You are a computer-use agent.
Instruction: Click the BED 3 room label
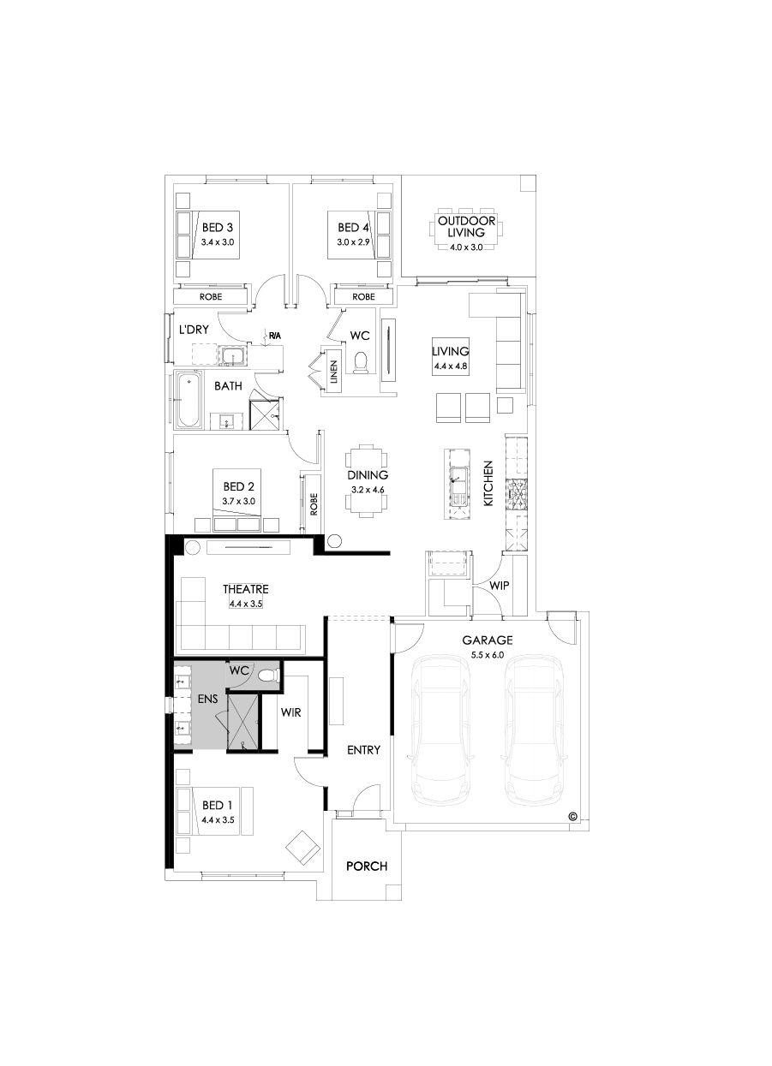[x=218, y=228]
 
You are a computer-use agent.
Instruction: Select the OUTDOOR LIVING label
[x=461, y=226]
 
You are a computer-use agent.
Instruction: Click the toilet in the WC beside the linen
[x=361, y=363]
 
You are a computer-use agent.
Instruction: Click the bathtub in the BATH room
[x=187, y=400]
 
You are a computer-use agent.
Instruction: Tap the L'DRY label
[x=194, y=329]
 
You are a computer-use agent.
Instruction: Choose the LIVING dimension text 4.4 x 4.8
[x=450, y=366]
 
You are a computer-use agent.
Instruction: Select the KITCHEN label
[x=488, y=484]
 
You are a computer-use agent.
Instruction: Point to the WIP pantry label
[x=500, y=586]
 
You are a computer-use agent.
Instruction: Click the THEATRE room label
[x=246, y=589]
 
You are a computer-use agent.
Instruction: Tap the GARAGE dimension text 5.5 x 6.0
[x=487, y=655]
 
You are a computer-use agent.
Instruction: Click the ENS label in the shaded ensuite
[x=207, y=699]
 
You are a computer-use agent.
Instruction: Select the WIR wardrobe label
[x=290, y=712]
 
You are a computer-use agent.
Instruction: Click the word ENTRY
[x=363, y=750]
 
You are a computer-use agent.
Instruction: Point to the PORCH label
[x=367, y=866]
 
